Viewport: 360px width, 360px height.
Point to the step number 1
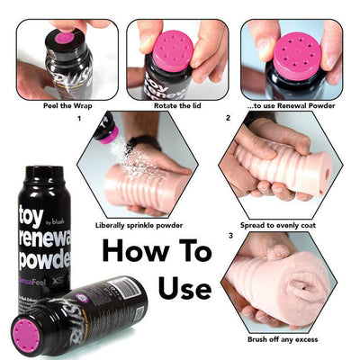point(80,118)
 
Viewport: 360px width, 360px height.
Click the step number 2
point(229,118)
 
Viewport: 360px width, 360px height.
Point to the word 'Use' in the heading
point(184,288)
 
